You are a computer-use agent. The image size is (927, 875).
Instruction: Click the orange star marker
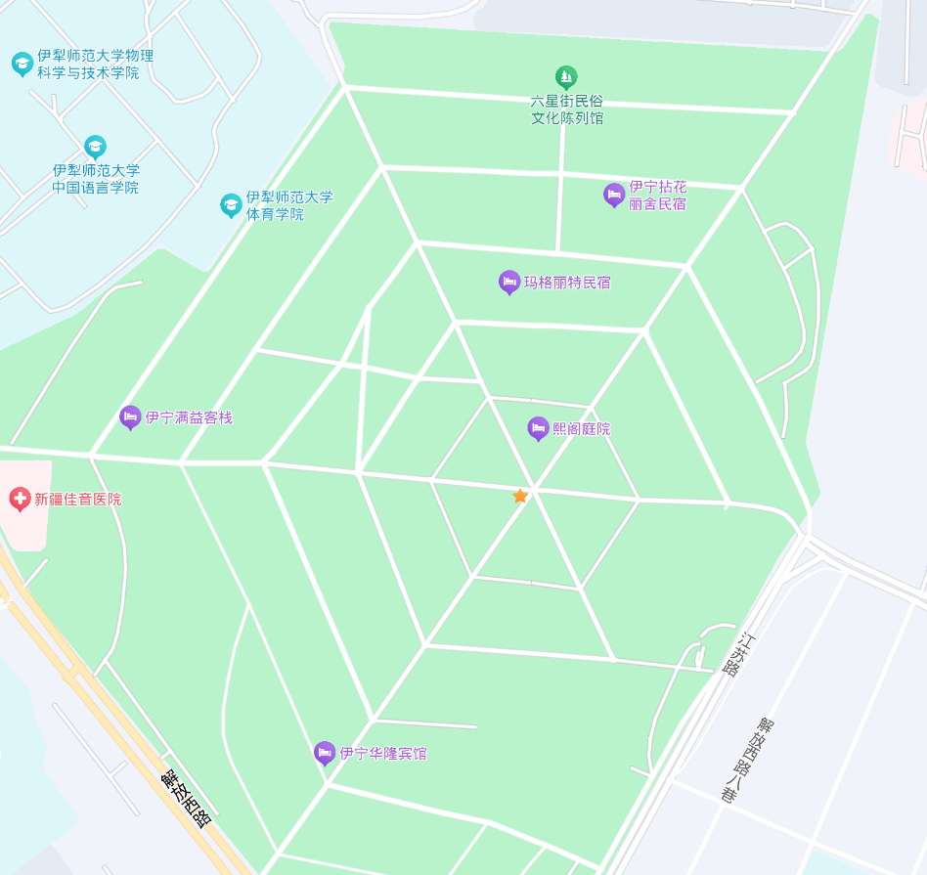[x=520, y=496]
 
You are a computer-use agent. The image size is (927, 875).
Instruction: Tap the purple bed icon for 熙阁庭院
[x=538, y=427]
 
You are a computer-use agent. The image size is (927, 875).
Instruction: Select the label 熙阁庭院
[x=582, y=429]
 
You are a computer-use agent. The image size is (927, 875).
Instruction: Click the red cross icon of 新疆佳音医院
[x=20, y=499]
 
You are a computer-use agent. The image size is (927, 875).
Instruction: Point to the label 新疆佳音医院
[x=78, y=499]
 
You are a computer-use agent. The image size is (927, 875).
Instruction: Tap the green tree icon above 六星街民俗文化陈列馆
[x=566, y=76]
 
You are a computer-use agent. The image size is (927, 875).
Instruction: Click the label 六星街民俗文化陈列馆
[x=567, y=109]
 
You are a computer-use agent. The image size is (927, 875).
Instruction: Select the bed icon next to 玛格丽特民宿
[x=509, y=282]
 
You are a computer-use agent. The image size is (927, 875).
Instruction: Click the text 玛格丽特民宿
[x=567, y=283]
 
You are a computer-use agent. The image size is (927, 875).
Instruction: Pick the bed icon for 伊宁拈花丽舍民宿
[x=614, y=195]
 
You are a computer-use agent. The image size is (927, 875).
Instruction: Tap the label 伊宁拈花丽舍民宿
[x=657, y=196]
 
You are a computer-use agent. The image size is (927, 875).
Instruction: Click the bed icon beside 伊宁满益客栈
[x=130, y=417]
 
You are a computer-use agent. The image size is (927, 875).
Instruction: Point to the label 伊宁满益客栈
[x=189, y=417]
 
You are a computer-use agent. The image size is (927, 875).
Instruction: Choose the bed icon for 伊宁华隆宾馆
[x=325, y=753]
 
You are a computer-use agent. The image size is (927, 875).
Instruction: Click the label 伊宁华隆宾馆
[x=383, y=754]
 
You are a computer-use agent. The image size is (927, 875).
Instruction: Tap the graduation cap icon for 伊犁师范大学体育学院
[x=231, y=204]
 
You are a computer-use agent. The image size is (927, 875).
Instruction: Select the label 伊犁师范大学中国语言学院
[x=96, y=178]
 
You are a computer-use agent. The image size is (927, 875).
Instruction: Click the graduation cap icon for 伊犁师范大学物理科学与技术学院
[x=22, y=64]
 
